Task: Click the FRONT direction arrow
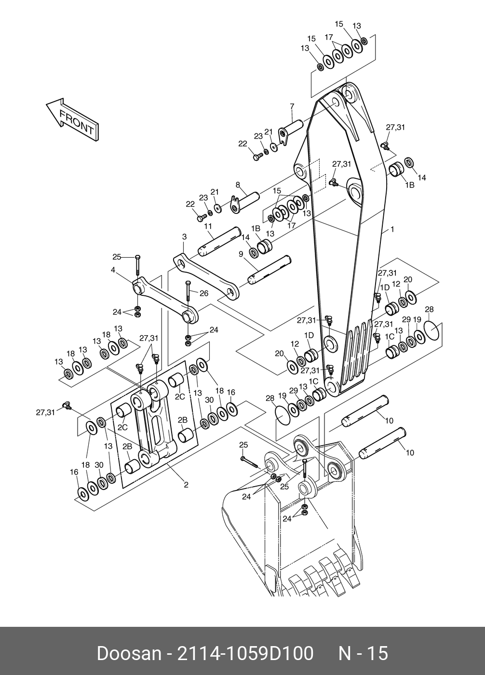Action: (72, 119)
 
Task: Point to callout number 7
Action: (292, 106)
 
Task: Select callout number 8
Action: (238, 185)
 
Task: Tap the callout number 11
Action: (208, 226)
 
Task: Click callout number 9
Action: (241, 254)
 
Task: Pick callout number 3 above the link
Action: (184, 237)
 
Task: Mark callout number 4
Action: (113, 270)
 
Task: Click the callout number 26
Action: (203, 292)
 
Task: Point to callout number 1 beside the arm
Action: (392, 230)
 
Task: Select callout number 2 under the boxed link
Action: (186, 485)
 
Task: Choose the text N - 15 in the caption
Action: (363, 654)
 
